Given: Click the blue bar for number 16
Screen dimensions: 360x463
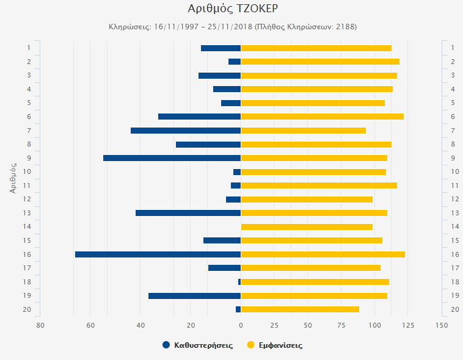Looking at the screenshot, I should coord(158,254).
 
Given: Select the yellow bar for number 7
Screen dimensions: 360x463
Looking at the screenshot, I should coord(303,131).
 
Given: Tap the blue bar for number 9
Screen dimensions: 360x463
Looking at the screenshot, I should coord(172,158).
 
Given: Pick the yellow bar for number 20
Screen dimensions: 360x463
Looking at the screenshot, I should coord(300,309).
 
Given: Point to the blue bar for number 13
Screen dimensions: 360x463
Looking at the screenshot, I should coord(188,213).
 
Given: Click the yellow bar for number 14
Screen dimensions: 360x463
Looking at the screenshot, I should coord(307,227).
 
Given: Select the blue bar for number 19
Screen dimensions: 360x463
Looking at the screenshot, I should coord(194,296).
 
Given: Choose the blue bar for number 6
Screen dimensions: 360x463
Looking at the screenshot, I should coord(199,117).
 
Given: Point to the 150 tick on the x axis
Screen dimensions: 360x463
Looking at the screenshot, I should coord(442,325).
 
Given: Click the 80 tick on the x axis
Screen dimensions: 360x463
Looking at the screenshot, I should coord(40,325).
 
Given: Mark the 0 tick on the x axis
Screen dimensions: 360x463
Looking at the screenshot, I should coord(241,325).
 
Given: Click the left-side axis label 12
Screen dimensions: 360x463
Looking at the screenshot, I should coord(27,199).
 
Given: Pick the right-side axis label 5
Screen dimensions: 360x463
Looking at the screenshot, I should coord(453,103).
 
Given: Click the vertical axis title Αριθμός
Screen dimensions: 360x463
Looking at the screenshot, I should coord(13,178).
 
